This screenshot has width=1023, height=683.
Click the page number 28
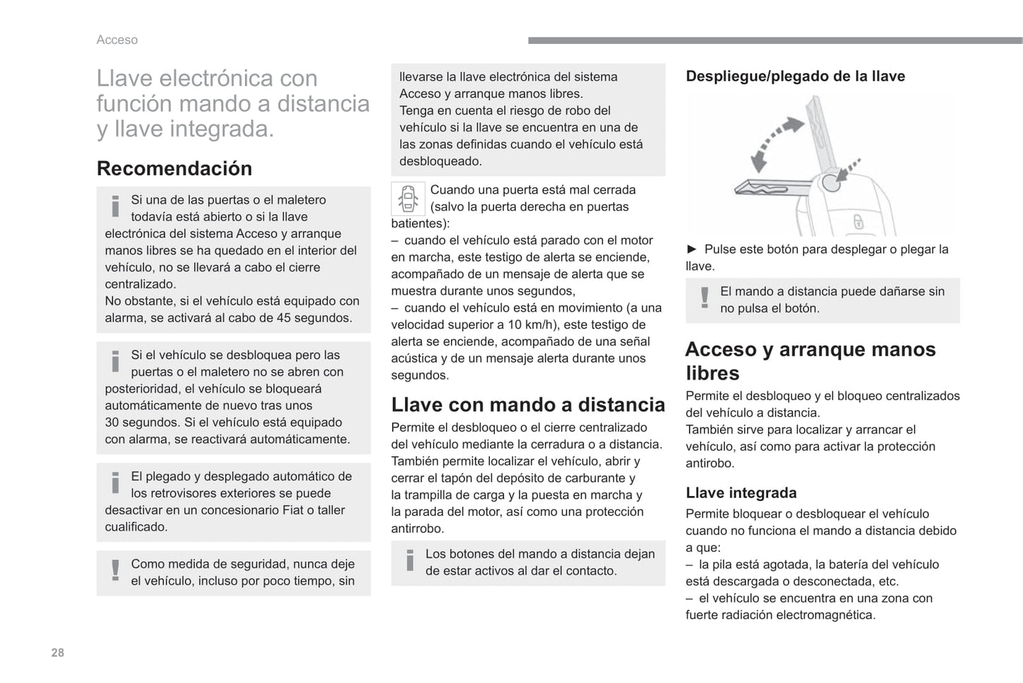coord(57,653)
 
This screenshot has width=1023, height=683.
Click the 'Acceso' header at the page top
coord(117,40)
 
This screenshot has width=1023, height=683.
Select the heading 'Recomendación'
coord(174,169)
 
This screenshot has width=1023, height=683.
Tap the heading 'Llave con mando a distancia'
coord(527,405)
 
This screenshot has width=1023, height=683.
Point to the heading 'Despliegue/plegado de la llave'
coord(795,76)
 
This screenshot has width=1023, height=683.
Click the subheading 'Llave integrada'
coord(741,492)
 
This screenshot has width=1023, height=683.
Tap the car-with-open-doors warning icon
coord(408,198)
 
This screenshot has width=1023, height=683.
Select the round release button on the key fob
coord(831,183)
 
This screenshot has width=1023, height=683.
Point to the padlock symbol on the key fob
coord(858,222)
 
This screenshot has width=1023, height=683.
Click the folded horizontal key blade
coord(772,188)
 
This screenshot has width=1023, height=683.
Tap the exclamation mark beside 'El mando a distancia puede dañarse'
coord(704,298)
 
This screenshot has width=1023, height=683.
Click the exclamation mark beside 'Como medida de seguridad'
coord(115,571)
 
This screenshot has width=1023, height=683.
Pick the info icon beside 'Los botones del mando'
coord(409,561)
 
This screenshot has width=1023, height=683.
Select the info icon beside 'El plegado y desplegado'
coord(115,483)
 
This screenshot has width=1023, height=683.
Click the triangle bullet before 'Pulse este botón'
coord(692,249)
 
